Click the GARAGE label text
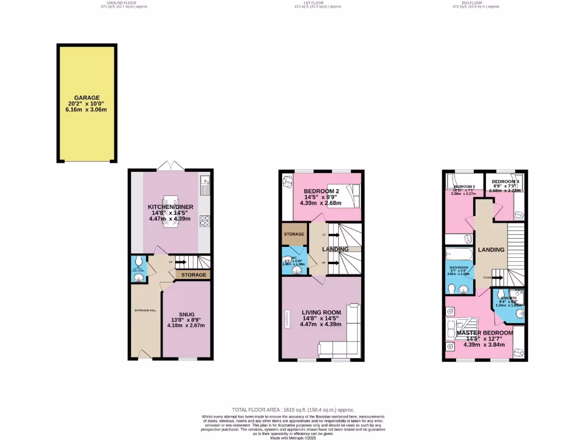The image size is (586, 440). [x=86, y=98]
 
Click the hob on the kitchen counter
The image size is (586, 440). [x=205, y=220]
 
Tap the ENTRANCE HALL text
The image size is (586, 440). [x=145, y=310]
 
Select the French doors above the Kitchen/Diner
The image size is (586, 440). [x=171, y=166]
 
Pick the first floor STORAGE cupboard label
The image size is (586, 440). [x=294, y=234]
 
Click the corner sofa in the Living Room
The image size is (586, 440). [x=343, y=338]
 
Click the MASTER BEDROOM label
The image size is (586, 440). [x=484, y=333]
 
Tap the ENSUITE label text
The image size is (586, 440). [x=508, y=298]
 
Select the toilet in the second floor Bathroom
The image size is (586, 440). [x=452, y=289]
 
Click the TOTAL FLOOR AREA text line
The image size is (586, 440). [x=293, y=410]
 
